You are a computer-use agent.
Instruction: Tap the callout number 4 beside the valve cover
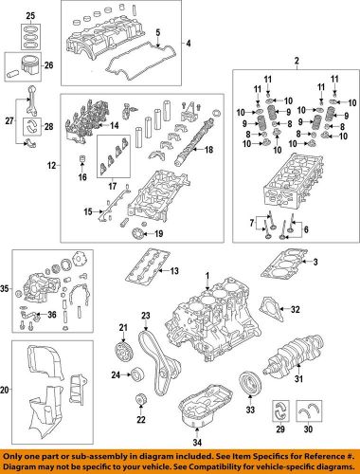click(x=188, y=44)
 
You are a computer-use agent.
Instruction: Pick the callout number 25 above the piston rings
click(x=28, y=17)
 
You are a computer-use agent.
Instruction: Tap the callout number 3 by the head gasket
click(x=315, y=261)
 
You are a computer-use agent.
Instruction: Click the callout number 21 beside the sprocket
click(x=122, y=328)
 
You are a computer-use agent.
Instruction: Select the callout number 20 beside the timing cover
click(x=7, y=389)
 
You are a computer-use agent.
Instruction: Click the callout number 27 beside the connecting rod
click(x=9, y=120)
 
